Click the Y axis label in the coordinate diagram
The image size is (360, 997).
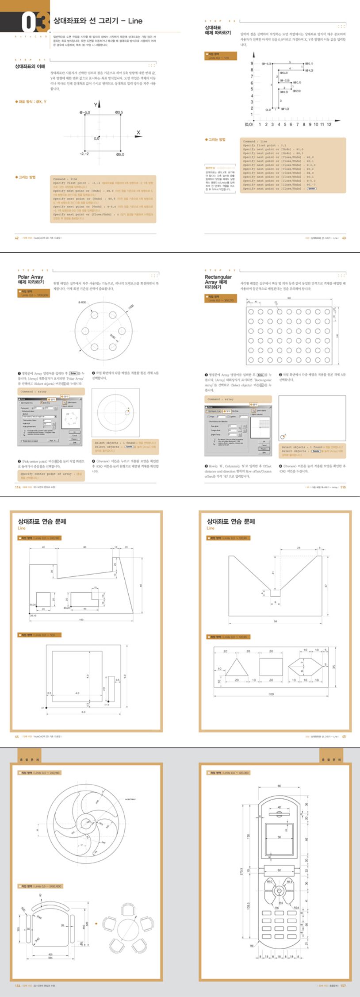click(96, 105)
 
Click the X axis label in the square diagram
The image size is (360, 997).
click(138, 133)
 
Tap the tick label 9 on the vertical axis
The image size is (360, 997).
click(252, 64)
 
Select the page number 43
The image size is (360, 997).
click(344, 238)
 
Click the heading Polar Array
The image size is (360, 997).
click(31, 277)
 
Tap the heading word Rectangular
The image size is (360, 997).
click(218, 277)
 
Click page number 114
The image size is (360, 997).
click(18, 487)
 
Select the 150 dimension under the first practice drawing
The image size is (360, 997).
click(81, 620)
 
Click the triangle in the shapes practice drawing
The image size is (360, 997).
click(236, 667)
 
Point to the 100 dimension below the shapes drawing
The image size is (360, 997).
click(271, 694)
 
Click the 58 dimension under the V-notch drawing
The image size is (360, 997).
click(275, 621)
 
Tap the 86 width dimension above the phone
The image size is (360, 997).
click(279, 786)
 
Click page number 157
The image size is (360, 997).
click(343, 986)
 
